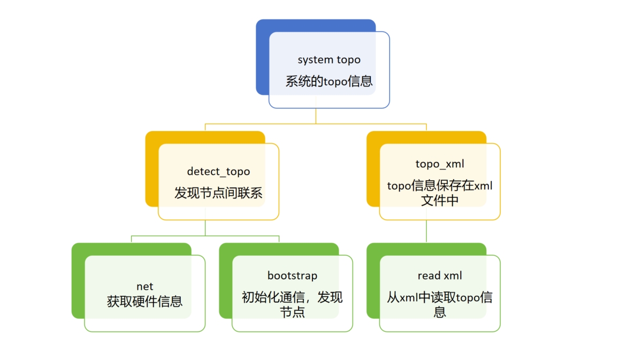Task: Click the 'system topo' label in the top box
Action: tap(329, 60)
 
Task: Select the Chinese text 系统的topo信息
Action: tap(329, 82)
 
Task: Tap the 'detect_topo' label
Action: tap(218, 172)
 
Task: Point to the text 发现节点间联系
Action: tap(218, 193)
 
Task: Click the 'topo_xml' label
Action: tap(439, 164)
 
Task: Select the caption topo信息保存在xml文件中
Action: tap(439, 193)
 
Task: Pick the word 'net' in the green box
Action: tap(145, 287)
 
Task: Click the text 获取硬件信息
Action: tap(145, 301)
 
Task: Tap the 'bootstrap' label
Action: tap(292, 275)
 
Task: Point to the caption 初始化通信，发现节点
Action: tap(292, 304)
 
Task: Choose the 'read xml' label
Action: tap(439, 276)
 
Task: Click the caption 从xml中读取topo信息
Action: tap(439, 304)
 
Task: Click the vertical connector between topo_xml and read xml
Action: tap(426, 231)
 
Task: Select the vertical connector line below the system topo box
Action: tap(316, 116)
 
